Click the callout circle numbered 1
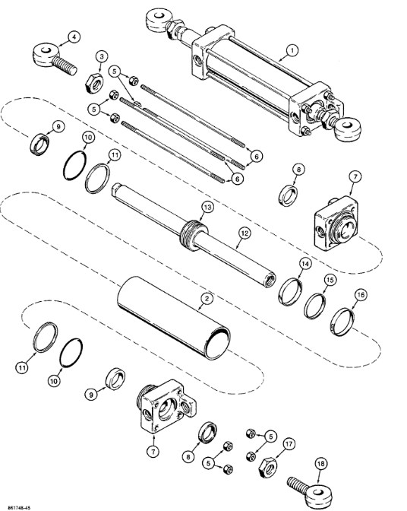290,52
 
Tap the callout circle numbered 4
73,36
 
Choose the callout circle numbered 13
207,208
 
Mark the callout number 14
304,264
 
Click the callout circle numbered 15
329,279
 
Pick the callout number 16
360,294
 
